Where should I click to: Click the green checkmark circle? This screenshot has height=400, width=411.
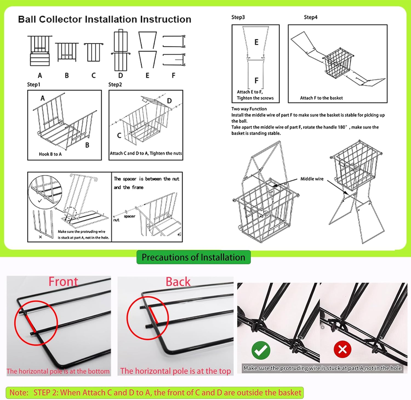click(261, 350)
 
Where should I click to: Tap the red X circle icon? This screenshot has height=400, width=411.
click(342, 349)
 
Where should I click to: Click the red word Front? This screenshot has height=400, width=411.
click(63, 282)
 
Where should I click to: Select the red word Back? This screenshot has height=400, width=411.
click(178, 282)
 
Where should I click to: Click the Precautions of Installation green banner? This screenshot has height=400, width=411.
click(193, 257)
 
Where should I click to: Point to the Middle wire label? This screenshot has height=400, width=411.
click(312, 179)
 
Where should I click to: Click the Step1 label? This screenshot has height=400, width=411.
click(33, 84)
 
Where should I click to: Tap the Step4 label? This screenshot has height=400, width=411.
click(310, 17)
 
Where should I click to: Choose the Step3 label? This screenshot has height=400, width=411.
click(238, 17)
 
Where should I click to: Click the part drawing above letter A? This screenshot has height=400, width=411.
click(40, 51)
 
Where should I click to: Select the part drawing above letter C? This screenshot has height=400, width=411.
click(94, 52)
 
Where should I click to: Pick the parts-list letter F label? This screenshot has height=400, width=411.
click(173, 75)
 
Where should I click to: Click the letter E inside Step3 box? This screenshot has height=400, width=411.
click(256, 42)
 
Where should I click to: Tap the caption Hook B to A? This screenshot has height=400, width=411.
click(50, 154)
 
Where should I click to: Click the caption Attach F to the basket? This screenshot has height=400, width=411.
click(321, 98)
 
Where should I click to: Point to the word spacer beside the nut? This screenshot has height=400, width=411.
click(129, 216)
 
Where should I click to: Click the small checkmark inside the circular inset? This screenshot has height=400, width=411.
click(40, 201)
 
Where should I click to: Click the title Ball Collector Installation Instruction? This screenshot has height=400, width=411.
click(105, 19)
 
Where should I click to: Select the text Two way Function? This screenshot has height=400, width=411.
click(249, 109)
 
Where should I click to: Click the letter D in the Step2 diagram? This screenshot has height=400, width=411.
click(169, 101)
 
